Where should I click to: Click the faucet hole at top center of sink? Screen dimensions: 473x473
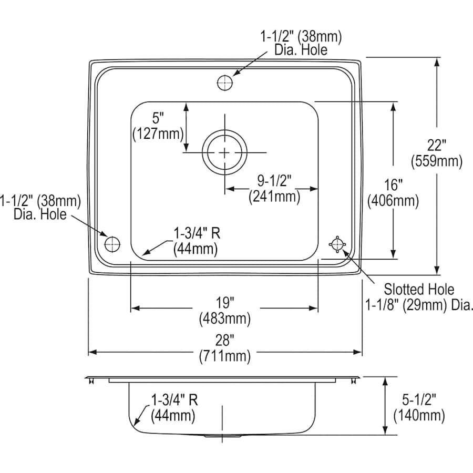coord(225,83)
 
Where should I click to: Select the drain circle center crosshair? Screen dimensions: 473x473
coord(225,153)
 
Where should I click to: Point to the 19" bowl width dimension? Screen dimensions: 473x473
coord(224,303)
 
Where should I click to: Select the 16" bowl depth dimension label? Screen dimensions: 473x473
coord(393,184)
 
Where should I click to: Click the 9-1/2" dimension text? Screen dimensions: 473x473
coord(274,180)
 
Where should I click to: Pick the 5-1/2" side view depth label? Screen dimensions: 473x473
coord(419,400)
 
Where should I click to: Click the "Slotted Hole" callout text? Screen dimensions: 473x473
coord(418,289)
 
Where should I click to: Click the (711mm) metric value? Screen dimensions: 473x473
coord(224,356)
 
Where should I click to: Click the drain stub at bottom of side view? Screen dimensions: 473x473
coord(223,436)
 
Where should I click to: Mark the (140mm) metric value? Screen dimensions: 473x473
coord(419,416)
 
